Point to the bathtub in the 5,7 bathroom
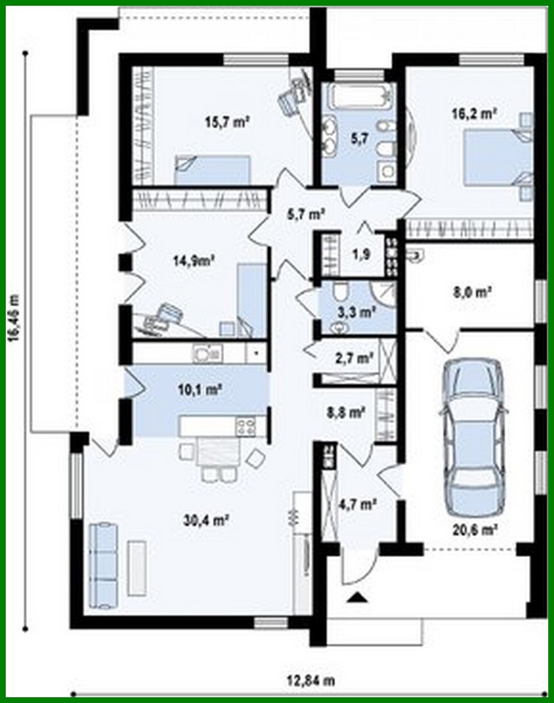click(x=358, y=98)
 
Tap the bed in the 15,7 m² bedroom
click(x=211, y=170)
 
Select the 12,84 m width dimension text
click(x=311, y=679)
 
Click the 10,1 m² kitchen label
click(x=201, y=389)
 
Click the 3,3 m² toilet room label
click(x=357, y=312)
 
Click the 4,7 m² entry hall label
click(x=357, y=504)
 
